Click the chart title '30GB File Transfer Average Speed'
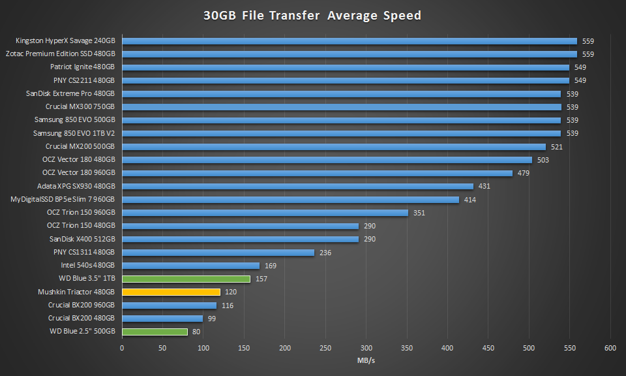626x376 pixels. coord(313,15)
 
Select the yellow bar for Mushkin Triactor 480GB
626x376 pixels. coord(171,292)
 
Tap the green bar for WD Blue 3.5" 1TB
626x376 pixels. coord(186,279)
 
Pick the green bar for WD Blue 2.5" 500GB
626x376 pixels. coord(155,332)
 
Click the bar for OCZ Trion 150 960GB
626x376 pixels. coord(265,213)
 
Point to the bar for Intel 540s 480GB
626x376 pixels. coord(190,266)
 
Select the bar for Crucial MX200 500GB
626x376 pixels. coord(334,147)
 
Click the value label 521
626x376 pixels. coord(556,147)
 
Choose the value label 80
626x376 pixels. coord(196,332)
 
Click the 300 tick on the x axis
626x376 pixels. coord(366,348)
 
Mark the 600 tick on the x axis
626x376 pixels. coord(611,348)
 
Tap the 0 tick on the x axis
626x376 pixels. coord(122,348)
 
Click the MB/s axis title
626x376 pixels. coord(366,360)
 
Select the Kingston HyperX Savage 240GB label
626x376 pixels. coord(65,40)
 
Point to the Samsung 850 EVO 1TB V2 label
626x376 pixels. coord(74,133)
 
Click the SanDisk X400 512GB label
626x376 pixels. coord(82,239)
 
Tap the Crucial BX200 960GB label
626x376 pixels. coord(81,305)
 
